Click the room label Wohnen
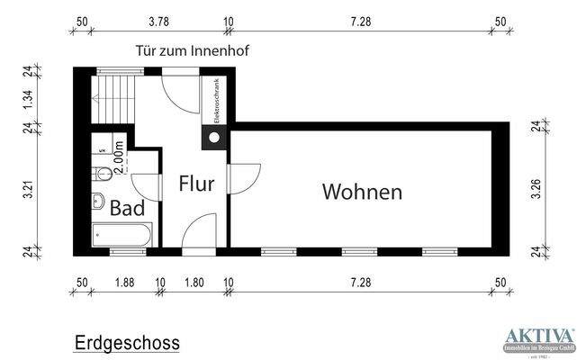pos(362,192)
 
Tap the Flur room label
pos(196,184)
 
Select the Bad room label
pos(128,208)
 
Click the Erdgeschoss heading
pos(126,342)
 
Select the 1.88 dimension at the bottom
pos(124,283)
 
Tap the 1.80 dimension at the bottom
pos(194,283)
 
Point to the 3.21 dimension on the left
pos(28,192)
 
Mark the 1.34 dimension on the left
pos(28,99)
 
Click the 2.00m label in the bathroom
pos(122,158)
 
